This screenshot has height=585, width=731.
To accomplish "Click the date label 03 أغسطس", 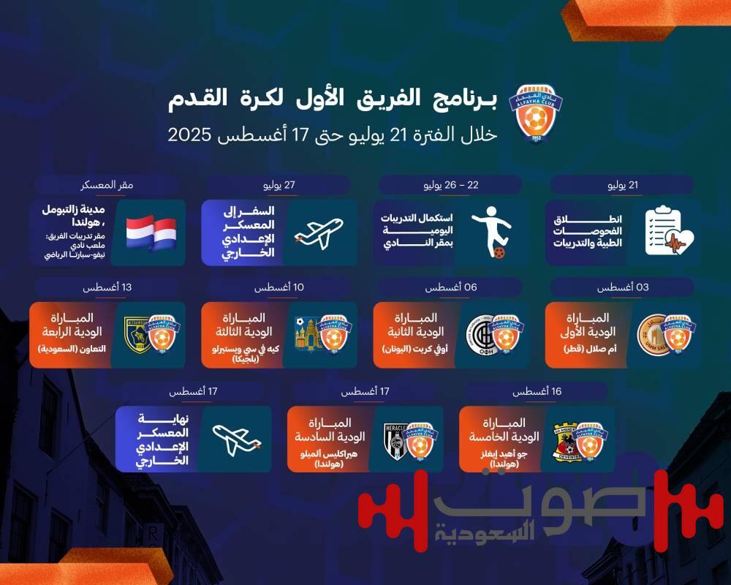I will (623, 288).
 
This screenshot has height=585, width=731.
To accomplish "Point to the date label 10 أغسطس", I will (279, 288).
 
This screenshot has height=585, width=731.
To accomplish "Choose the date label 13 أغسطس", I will (107, 288).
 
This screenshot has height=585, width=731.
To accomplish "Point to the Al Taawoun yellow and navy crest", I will (136, 335).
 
